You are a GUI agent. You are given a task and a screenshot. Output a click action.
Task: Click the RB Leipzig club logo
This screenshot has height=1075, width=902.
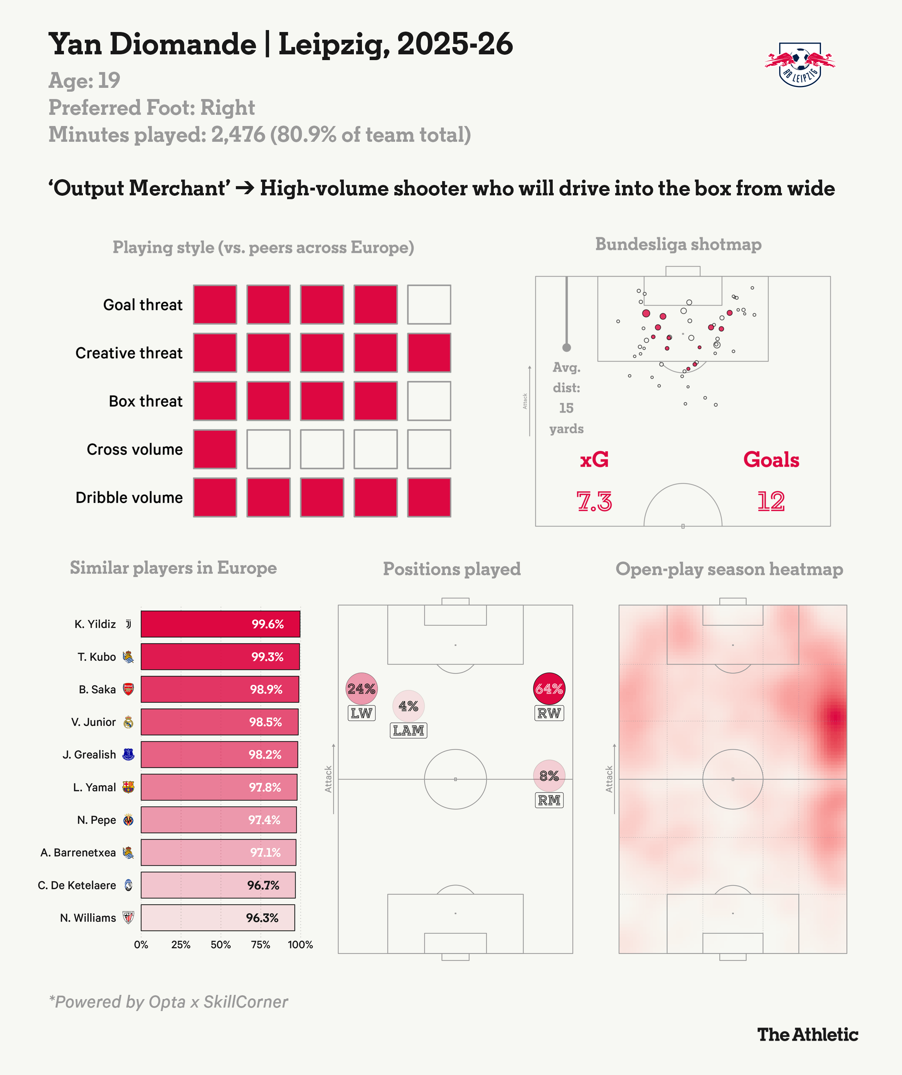(x=799, y=64)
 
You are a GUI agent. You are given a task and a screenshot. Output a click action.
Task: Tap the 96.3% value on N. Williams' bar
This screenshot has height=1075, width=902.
(x=262, y=918)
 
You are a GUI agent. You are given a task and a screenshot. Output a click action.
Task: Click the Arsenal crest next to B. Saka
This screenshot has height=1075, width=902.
(x=129, y=689)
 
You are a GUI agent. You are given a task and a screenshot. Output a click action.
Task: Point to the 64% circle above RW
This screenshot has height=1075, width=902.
(x=549, y=689)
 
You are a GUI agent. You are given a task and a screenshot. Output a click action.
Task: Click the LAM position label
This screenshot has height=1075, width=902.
(x=408, y=730)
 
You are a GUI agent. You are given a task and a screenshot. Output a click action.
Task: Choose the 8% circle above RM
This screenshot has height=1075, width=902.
(x=549, y=776)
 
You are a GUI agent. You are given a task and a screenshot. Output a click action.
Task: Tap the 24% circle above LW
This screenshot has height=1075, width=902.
(x=362, y=689)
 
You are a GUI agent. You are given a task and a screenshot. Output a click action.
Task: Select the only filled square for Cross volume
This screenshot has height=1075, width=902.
(x=215, y=449)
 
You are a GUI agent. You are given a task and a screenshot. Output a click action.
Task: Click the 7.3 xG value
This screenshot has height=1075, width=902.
(x=594, y=501)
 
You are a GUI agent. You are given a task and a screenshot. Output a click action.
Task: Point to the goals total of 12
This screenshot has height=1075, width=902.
(x=771, y=501)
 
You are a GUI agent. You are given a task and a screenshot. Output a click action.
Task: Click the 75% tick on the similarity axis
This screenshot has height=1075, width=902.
(x=260, y=944)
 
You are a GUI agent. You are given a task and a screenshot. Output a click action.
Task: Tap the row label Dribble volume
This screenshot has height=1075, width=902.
(x=129, y=497)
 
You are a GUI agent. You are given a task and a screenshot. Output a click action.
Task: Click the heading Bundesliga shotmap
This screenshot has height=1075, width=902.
(x=678, y=244)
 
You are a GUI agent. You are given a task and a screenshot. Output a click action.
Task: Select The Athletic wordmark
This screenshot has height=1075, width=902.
(x=808, y=1034)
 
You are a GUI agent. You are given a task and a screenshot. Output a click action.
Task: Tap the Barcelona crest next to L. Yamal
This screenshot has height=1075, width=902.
(x=129, y=787)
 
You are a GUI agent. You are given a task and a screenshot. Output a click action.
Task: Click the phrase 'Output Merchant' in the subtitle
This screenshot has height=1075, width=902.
(x=139, y=188)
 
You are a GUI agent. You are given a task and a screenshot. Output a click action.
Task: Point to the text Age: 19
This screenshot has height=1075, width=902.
(x=84, y=81)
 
